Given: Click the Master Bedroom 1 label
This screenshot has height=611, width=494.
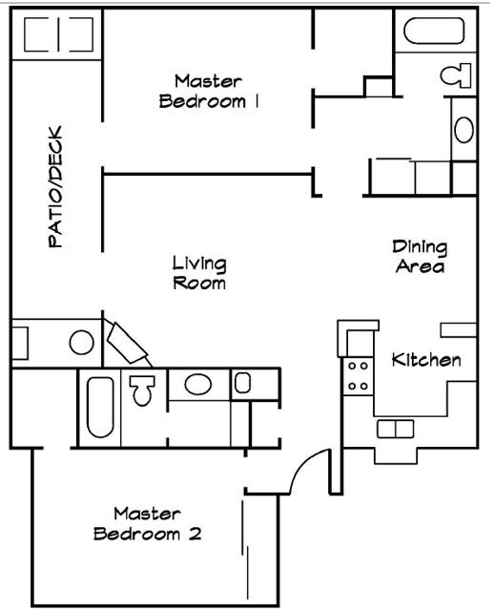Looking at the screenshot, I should [208, 91].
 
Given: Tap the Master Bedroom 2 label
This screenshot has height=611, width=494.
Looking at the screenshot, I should [148, 524].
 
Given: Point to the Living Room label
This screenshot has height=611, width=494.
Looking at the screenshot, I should [198, 272].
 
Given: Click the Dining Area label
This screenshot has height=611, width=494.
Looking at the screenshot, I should [420, 257].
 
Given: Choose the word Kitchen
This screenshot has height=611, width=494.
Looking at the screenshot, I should [426, 360].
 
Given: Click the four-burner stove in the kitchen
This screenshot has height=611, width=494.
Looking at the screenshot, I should [359, 375].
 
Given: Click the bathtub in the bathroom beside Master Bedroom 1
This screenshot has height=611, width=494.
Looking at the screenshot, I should [433, 32].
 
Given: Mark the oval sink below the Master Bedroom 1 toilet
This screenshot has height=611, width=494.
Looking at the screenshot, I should [464, 129].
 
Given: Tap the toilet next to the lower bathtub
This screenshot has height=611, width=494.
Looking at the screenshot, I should [143, 389].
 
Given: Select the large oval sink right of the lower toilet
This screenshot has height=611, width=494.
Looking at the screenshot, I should [198, 385].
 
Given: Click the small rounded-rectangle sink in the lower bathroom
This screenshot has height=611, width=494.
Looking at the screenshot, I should [242, 384].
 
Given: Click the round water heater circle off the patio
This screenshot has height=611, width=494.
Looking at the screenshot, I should [81, 341].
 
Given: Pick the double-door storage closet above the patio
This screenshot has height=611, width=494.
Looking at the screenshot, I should [57, 35].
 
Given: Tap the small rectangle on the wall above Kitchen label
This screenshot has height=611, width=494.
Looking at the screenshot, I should [458, 329].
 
